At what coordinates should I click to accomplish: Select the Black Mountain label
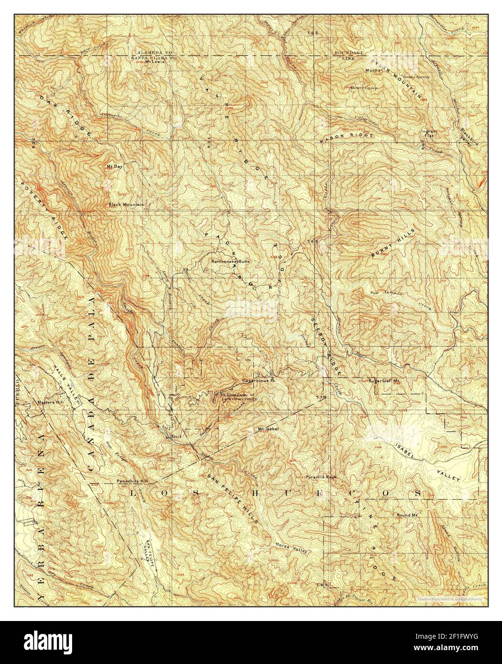tap(126, 204)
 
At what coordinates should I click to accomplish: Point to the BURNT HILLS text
tap(387, 247)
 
